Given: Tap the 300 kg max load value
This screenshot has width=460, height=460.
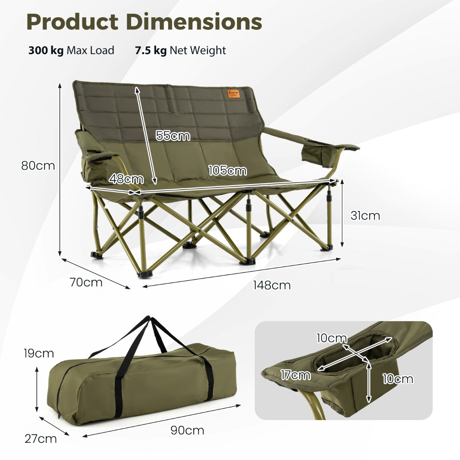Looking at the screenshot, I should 46,51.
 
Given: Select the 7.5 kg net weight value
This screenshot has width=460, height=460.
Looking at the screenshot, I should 151,51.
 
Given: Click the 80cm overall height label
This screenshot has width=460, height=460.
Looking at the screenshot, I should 38,166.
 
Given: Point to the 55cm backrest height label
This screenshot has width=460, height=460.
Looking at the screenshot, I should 172,135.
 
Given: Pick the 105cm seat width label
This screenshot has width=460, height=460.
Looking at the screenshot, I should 227,171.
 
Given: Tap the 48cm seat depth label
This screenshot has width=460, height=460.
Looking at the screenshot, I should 126,179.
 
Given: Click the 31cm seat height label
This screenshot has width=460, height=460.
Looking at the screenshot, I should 365,215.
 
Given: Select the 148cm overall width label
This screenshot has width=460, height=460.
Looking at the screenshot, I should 272,285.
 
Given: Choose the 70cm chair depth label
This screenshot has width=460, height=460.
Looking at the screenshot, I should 86,283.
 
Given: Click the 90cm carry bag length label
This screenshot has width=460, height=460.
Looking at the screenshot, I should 187,430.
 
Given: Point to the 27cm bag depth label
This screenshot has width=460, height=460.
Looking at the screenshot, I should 41,439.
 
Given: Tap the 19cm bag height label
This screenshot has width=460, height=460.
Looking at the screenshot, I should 39,353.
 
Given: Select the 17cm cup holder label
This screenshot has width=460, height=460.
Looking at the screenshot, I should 295,375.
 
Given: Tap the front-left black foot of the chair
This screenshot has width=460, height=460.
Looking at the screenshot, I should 145,274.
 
